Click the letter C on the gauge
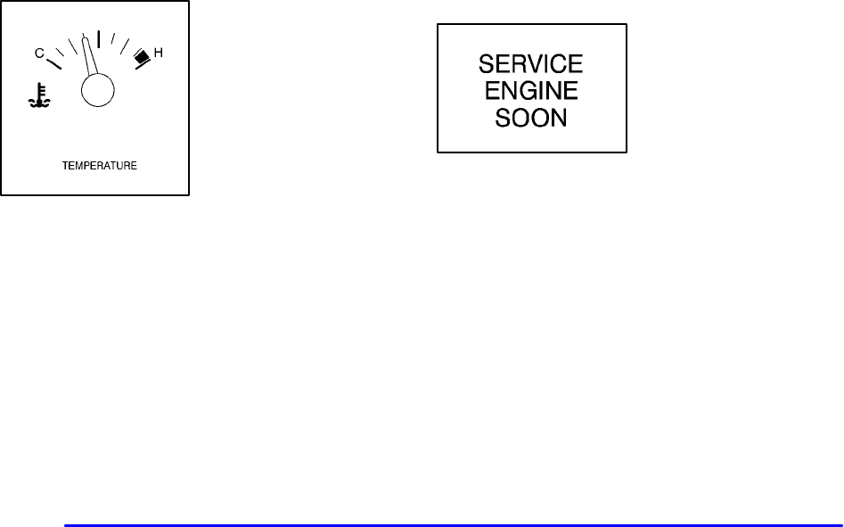[x=39, y=54]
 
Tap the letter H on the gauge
[x=159, y=54]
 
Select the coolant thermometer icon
[x=39, y=97]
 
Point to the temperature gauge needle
[x=89, y=58]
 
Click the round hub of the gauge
[x=97, y=89]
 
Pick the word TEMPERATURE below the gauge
[x=99, y=166]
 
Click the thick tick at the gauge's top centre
[x=98, y=38]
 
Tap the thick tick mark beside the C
[x=53, y=62]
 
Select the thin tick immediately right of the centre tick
[x=113, y=41]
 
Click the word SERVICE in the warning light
[x=531, y=64]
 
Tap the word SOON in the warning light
[x=531, y=117]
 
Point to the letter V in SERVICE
[x=537, y=64]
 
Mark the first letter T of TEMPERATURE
[x=64, y=166]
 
